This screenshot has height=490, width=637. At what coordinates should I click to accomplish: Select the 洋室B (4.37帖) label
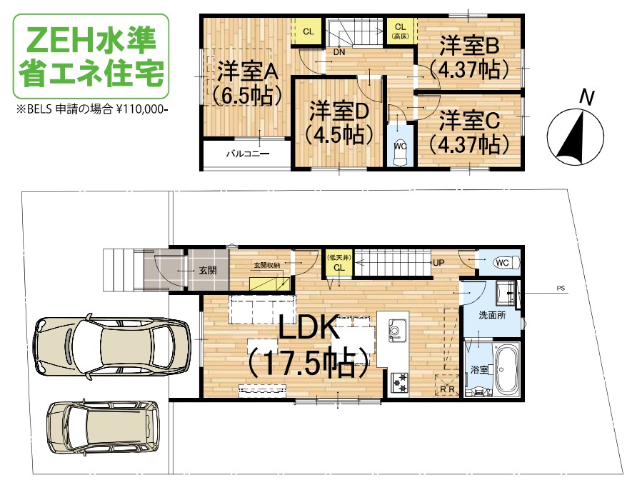click(468, 57)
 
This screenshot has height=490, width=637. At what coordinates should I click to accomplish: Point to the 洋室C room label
click(469, 132)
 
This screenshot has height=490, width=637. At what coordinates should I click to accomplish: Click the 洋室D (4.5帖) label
click(339, 123)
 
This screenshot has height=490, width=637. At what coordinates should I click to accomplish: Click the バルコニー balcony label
click(247, 154)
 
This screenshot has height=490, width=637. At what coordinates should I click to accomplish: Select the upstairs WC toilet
click(400, 150)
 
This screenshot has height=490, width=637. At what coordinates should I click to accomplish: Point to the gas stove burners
click(399, 382)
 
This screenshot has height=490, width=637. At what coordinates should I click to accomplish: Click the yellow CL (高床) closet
click(400, 31)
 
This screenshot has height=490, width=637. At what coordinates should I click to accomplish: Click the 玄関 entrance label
click(208, 270)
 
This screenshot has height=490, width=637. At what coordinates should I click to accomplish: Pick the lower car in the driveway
click(103, 426)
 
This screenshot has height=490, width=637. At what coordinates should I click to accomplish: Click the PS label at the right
click(561, 289)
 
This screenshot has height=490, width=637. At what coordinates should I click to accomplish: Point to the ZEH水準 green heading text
click(92, 40)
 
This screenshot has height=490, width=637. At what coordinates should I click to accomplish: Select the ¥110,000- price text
click(142, 109)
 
